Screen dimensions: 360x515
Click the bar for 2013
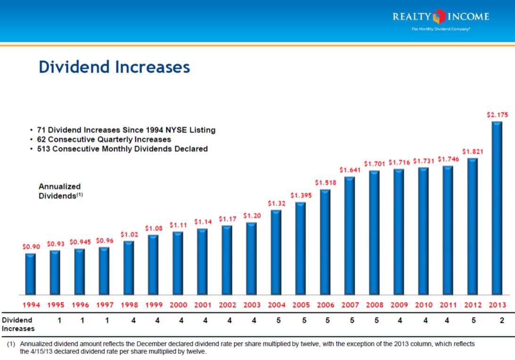(x=497, y=208)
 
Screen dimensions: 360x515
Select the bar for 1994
(x=31, y=274)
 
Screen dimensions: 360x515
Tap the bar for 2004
(x=276, y=252)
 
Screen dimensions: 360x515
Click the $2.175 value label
(x=498, y=115)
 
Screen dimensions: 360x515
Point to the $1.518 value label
(x=325, y=182)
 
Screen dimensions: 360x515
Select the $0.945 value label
(x=80, y=242)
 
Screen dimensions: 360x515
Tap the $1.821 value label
(x=472, y=151)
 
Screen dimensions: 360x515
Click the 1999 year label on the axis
(x=153, y=305)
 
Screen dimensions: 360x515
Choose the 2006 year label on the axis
(x=326, y=305)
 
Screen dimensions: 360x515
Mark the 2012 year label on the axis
(x=473, y=305)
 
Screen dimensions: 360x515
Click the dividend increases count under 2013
(x=502, y=320)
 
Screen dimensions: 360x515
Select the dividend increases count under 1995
(x=59, y=320)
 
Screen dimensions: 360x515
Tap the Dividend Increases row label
(x=17, y=324)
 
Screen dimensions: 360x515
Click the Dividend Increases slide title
(x=114, y=67)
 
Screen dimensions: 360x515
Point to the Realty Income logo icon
(x=439, y=17)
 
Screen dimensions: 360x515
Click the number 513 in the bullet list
(x=44, y=149)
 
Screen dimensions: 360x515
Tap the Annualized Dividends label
(x=59, y=191)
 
